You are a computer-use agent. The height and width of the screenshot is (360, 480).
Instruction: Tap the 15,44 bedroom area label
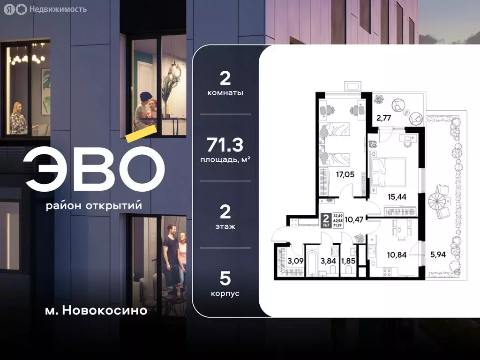[397, 196]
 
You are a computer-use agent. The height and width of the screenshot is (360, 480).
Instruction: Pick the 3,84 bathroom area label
[328, 261]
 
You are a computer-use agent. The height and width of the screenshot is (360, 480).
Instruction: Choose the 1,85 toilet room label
[349, 261]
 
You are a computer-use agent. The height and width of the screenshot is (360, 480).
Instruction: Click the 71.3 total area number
[225, 146]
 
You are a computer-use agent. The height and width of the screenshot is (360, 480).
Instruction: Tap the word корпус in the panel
[225, 293]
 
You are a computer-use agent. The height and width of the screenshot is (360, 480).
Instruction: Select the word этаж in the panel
[225, 226]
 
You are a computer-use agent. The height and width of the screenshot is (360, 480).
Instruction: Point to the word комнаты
[225, 93]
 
